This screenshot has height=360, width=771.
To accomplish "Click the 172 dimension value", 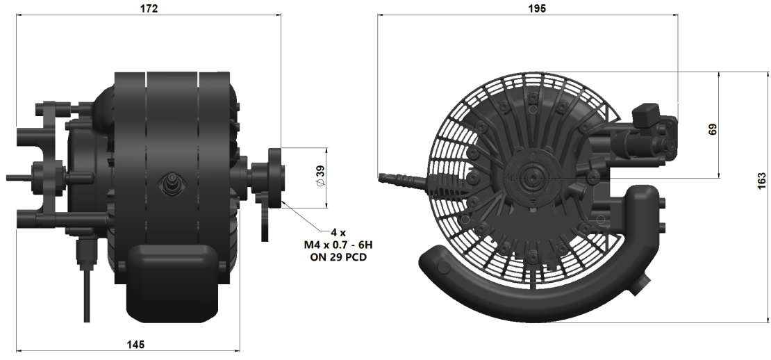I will pos(149,9).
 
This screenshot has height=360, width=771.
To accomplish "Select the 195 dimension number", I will pos(537,8).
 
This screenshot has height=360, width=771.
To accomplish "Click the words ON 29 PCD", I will pos(338,257).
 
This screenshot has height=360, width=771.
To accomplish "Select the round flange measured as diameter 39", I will pos(274,178).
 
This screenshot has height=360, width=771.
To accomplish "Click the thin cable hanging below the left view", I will pos(87,292).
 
